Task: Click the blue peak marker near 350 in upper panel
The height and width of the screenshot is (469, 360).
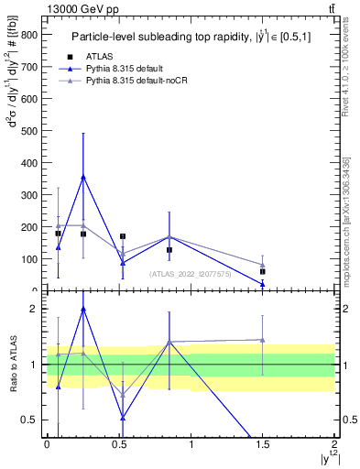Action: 83,177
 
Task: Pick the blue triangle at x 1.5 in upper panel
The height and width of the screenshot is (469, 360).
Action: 263,284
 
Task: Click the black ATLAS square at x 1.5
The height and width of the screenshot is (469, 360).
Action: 263,272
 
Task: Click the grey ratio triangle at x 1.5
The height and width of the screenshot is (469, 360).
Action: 263,340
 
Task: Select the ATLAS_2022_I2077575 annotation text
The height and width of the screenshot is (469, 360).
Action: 191,273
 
